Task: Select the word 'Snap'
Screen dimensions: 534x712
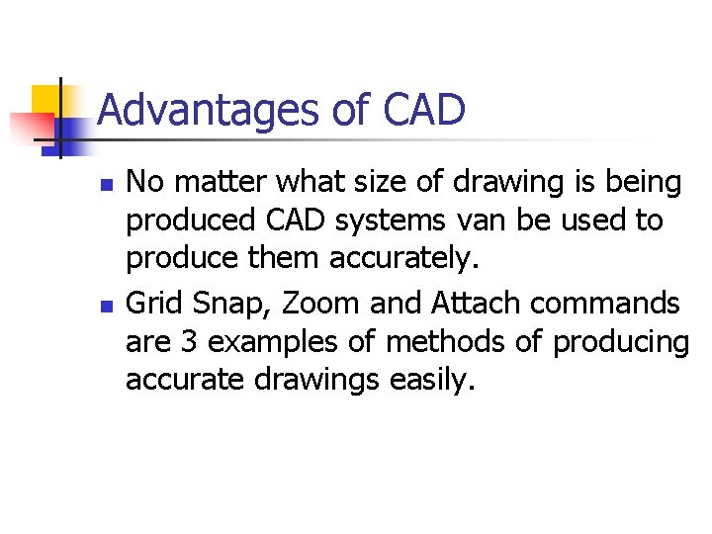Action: pyautogui.click(x=234, y=302)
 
